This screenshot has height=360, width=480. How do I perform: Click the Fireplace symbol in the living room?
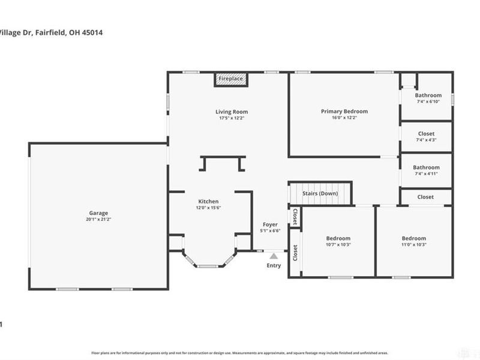tap(230, 79)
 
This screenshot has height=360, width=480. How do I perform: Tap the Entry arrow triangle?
tap(274, 257)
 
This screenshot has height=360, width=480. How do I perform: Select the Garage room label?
tap(99, 213)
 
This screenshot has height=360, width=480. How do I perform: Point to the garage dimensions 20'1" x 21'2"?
tap(99, 220)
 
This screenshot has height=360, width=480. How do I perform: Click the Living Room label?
tap(232, 112)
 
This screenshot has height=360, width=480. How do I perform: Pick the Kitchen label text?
tap(209, 201)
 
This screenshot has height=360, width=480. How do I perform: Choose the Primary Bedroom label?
tap(344, 111)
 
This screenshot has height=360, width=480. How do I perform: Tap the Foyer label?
tap(271, 224)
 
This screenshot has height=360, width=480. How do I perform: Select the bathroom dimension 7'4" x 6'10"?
tap(428, 101)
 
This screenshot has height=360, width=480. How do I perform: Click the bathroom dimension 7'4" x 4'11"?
tap(426, 174)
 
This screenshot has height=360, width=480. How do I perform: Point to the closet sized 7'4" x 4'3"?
tap(426, 140)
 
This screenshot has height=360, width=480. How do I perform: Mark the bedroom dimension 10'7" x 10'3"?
tap(338, 245)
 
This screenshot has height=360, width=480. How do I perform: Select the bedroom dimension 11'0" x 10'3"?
tap(413, 245)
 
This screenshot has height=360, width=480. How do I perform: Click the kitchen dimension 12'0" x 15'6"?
tap(209, 208)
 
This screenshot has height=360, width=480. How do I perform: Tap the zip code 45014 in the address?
tap(91, 32)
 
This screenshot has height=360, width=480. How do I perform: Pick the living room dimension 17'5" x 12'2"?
tap(232, 118)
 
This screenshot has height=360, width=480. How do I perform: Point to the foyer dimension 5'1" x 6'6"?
tap(271, 230)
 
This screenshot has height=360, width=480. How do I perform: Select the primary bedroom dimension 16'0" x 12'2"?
tap(344, 118)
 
